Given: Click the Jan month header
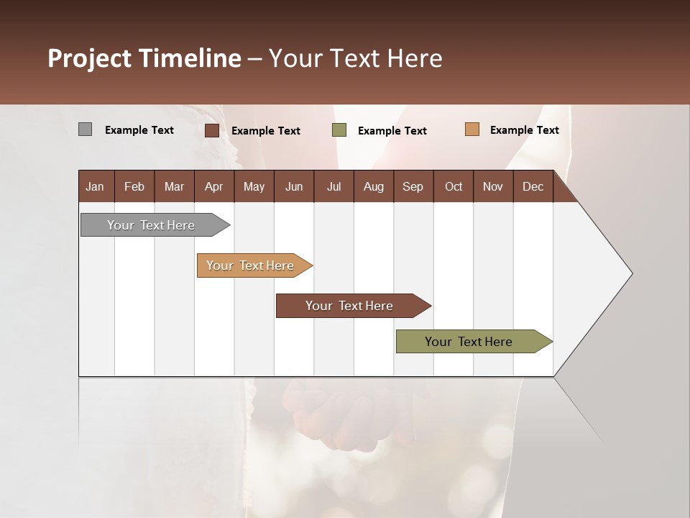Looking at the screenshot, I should click(x=96, y=186).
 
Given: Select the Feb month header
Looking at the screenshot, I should click(x=134, y=186).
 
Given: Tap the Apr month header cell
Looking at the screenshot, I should click(x=214, y=186).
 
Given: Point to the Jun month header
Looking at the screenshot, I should click(x=294, y=186).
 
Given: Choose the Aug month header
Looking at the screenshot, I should click(x=374, y=186).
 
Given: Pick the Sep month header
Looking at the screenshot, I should click(x=413, y=186).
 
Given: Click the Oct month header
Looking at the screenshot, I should click(x=454, y=186).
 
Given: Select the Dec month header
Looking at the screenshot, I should click(x=533, y=186).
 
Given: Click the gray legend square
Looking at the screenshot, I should click(x=86, y=129).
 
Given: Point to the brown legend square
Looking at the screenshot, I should click(x=212, y=130).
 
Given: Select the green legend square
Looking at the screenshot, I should click(x=339, y=130).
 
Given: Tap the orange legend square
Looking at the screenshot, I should click(x=471, y=129).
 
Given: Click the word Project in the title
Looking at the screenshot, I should click(x=90, y=58).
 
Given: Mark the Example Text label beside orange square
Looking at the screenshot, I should click(x=524, y=129).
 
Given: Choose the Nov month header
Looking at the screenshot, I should click(x=493, y=186).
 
